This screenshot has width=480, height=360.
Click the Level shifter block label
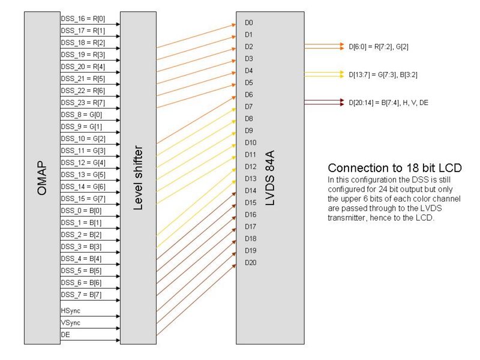(x=138, y=178)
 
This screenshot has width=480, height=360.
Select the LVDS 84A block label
(x=269, y=178)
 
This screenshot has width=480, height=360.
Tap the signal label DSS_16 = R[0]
(x=83, y=19)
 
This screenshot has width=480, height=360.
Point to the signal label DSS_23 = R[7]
(x=83, y=103)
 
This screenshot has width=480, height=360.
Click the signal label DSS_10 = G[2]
(x=83, y=139)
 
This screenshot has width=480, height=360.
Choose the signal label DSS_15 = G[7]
(x=83, y=199)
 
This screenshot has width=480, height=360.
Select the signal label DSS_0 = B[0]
(x=81, y=211)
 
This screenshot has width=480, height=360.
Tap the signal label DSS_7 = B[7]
(x=81, y=295)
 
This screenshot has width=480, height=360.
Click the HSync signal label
(x=71, y=311)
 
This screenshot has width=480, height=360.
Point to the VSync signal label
(x=71, y=323)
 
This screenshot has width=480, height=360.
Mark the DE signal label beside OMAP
(x=65, y=335)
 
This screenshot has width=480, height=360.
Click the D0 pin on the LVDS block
(x=249, y=23)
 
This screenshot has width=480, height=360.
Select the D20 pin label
(x=251, y=263)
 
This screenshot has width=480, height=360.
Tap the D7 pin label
(x=249, y=107)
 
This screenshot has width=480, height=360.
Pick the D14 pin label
(x=251, y=191)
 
